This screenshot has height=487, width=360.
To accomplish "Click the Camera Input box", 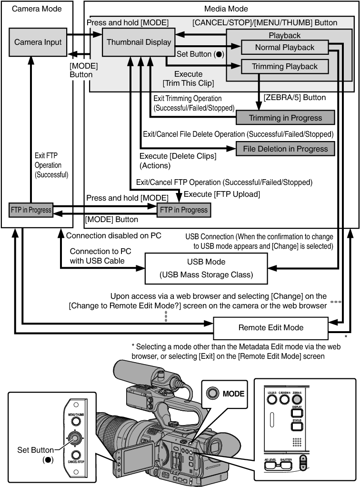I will pos(38,42).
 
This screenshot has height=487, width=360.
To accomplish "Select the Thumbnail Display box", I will pos(139,42).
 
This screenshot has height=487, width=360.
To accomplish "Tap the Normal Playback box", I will pos(285,47).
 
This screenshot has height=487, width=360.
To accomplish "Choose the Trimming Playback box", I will pos(285,66).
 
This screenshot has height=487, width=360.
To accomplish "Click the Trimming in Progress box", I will pos(285,118).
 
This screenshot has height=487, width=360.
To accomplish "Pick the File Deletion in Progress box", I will pos(285,149).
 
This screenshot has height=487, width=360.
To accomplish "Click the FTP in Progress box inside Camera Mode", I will pos(31,210).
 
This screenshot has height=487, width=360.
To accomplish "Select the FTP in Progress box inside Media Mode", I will pos(184,210).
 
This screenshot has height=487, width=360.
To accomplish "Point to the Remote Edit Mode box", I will pos(270,327).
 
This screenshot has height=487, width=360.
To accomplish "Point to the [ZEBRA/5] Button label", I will pos(294,98).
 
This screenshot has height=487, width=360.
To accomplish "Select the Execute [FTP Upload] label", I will pos(222,194).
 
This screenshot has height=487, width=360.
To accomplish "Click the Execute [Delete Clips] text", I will pos(178,156).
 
